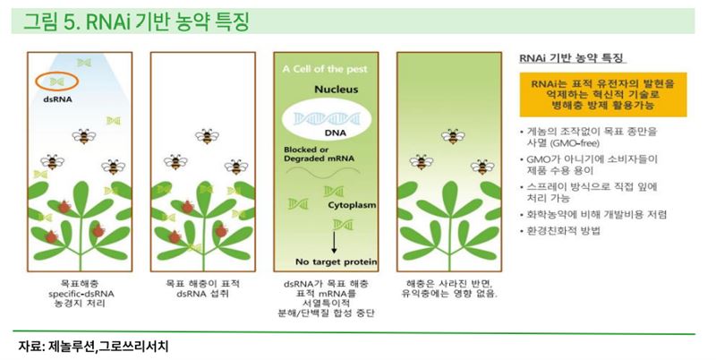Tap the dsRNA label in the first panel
tap(58, 99)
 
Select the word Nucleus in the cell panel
tap(337, 90)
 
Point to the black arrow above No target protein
tap(334, 242)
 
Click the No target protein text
tap(337, 261)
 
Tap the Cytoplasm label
tap(352, 205)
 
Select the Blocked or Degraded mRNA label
tap(319, 154)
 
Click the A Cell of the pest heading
tap(325, 70)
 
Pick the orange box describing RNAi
tap(602, 95)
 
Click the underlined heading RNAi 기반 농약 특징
tap(571, 58)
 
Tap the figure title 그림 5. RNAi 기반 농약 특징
tap(136, 21)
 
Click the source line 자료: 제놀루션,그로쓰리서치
tap(94, 347)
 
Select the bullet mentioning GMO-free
tap(589, 138)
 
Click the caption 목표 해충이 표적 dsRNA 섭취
tap(202, 288)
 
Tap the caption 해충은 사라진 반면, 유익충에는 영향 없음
tap(449, 288)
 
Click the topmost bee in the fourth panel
tap(453, 136)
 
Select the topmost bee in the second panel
tap(207, 136)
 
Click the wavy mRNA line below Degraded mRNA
tap(323, 171)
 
